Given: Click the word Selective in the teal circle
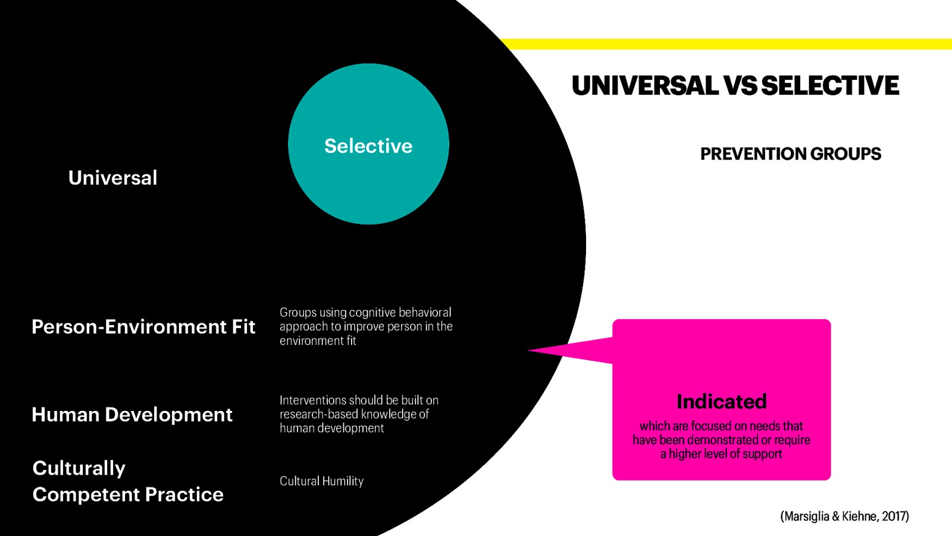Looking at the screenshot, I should coord(368,146).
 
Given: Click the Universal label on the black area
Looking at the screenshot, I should coord(112,177).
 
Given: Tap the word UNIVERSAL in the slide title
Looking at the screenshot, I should coord(645,86).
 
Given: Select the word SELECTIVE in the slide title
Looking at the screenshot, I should coord(830,86).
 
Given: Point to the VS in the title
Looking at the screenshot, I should coord(741,86).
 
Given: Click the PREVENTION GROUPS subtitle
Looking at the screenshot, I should coord(790,154).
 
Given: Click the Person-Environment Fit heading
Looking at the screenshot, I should coord(143,326).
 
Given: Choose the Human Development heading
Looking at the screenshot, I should coord(131,415).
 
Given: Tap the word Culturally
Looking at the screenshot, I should coord(79,468).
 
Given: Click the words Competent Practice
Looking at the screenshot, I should coord(128,494).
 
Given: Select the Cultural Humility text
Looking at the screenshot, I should coord(321,481).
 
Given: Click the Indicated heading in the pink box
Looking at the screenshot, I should coord(721,401).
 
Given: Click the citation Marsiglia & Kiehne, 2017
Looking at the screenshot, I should coord(844,516).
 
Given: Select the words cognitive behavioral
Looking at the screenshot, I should coord(400,313).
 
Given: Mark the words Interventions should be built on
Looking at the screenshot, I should coord(359,400).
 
